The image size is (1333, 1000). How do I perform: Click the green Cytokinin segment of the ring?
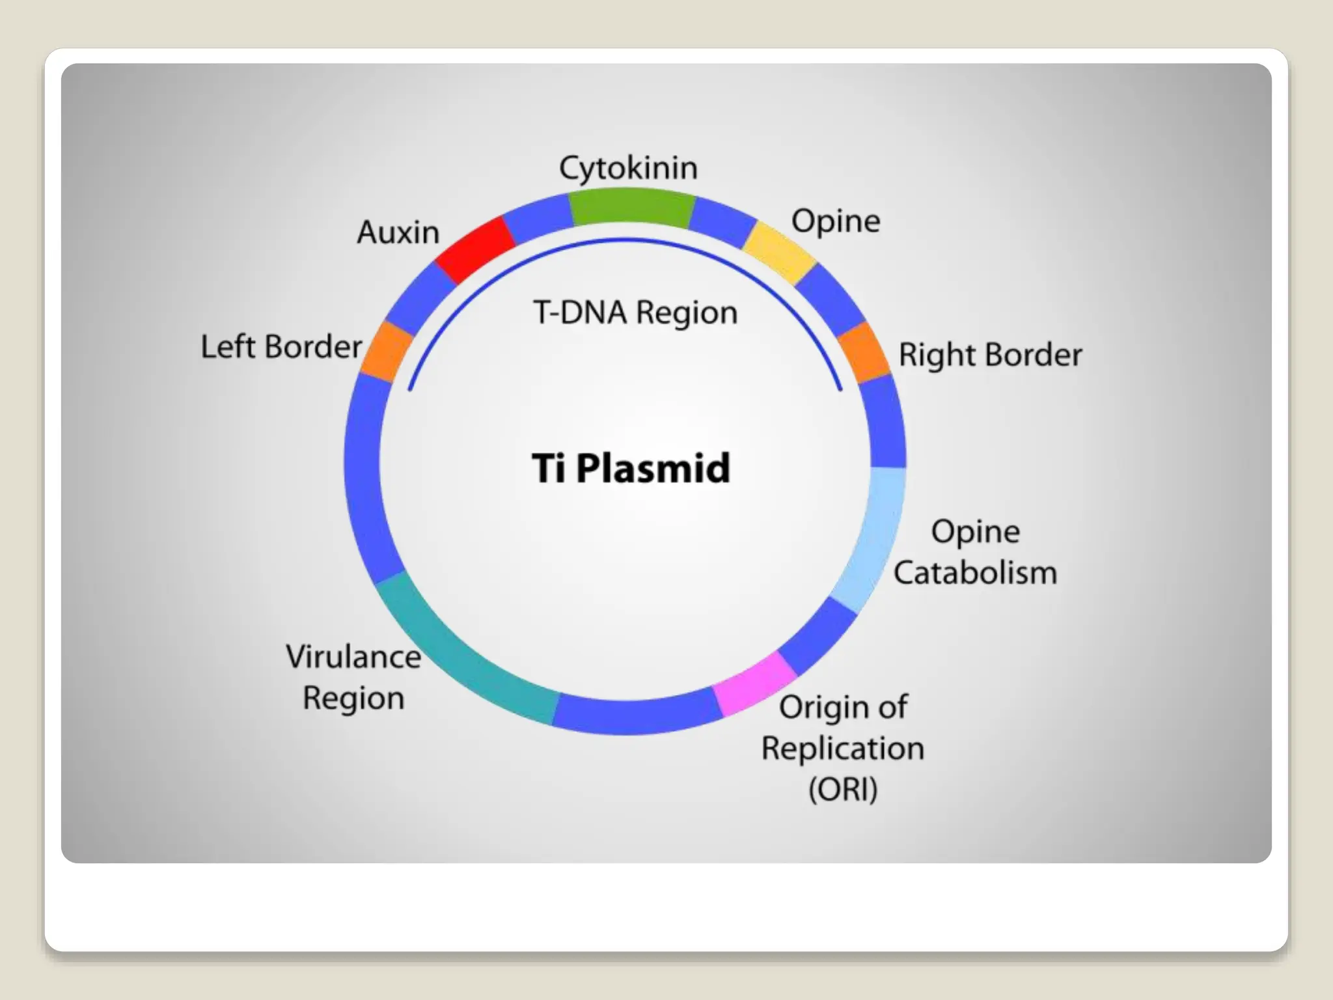[630, 207]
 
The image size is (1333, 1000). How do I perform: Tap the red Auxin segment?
[474, 250]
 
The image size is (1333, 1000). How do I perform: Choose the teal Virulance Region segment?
[462, 658]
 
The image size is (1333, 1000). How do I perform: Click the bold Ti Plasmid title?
[630, 468]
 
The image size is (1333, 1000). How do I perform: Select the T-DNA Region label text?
[635, 312]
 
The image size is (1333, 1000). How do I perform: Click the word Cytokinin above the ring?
[628, 169]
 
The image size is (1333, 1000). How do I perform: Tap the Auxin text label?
[398, 232]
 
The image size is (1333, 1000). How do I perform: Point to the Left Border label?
[281, 346]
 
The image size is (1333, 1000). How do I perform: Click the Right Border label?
[989, 355]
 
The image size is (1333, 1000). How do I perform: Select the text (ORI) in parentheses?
[842, 790]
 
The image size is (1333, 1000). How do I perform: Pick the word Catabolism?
[974, 574]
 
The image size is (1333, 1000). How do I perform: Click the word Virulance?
[353, 656]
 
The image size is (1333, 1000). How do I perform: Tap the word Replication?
[842, 749]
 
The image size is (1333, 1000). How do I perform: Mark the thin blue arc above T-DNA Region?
[625, 242]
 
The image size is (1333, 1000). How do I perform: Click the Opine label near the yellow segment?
[835, 221]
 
